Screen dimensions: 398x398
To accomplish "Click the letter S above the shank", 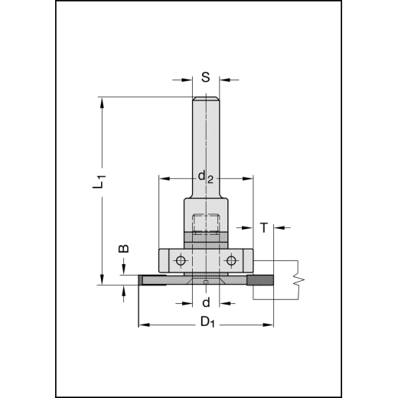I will pyautogui.click(x=205, y=77).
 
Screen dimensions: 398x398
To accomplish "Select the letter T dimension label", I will pyautogui.click(x=264, y=227).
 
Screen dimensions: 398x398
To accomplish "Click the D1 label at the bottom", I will pyautogui.click(x=206, y=321).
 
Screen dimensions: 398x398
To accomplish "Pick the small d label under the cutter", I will pyautogui.click(x=205, y=302).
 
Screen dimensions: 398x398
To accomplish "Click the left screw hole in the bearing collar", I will pyautogui.click(x=179, y=261).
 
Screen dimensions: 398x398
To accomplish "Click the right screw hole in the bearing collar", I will pyautogui.click(x=230, y=261).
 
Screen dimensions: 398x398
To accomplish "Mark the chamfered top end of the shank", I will pyautogui.click(x=205, y=98).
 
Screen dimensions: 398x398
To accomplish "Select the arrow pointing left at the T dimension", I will pyautogui.click(x=278, y=227).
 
